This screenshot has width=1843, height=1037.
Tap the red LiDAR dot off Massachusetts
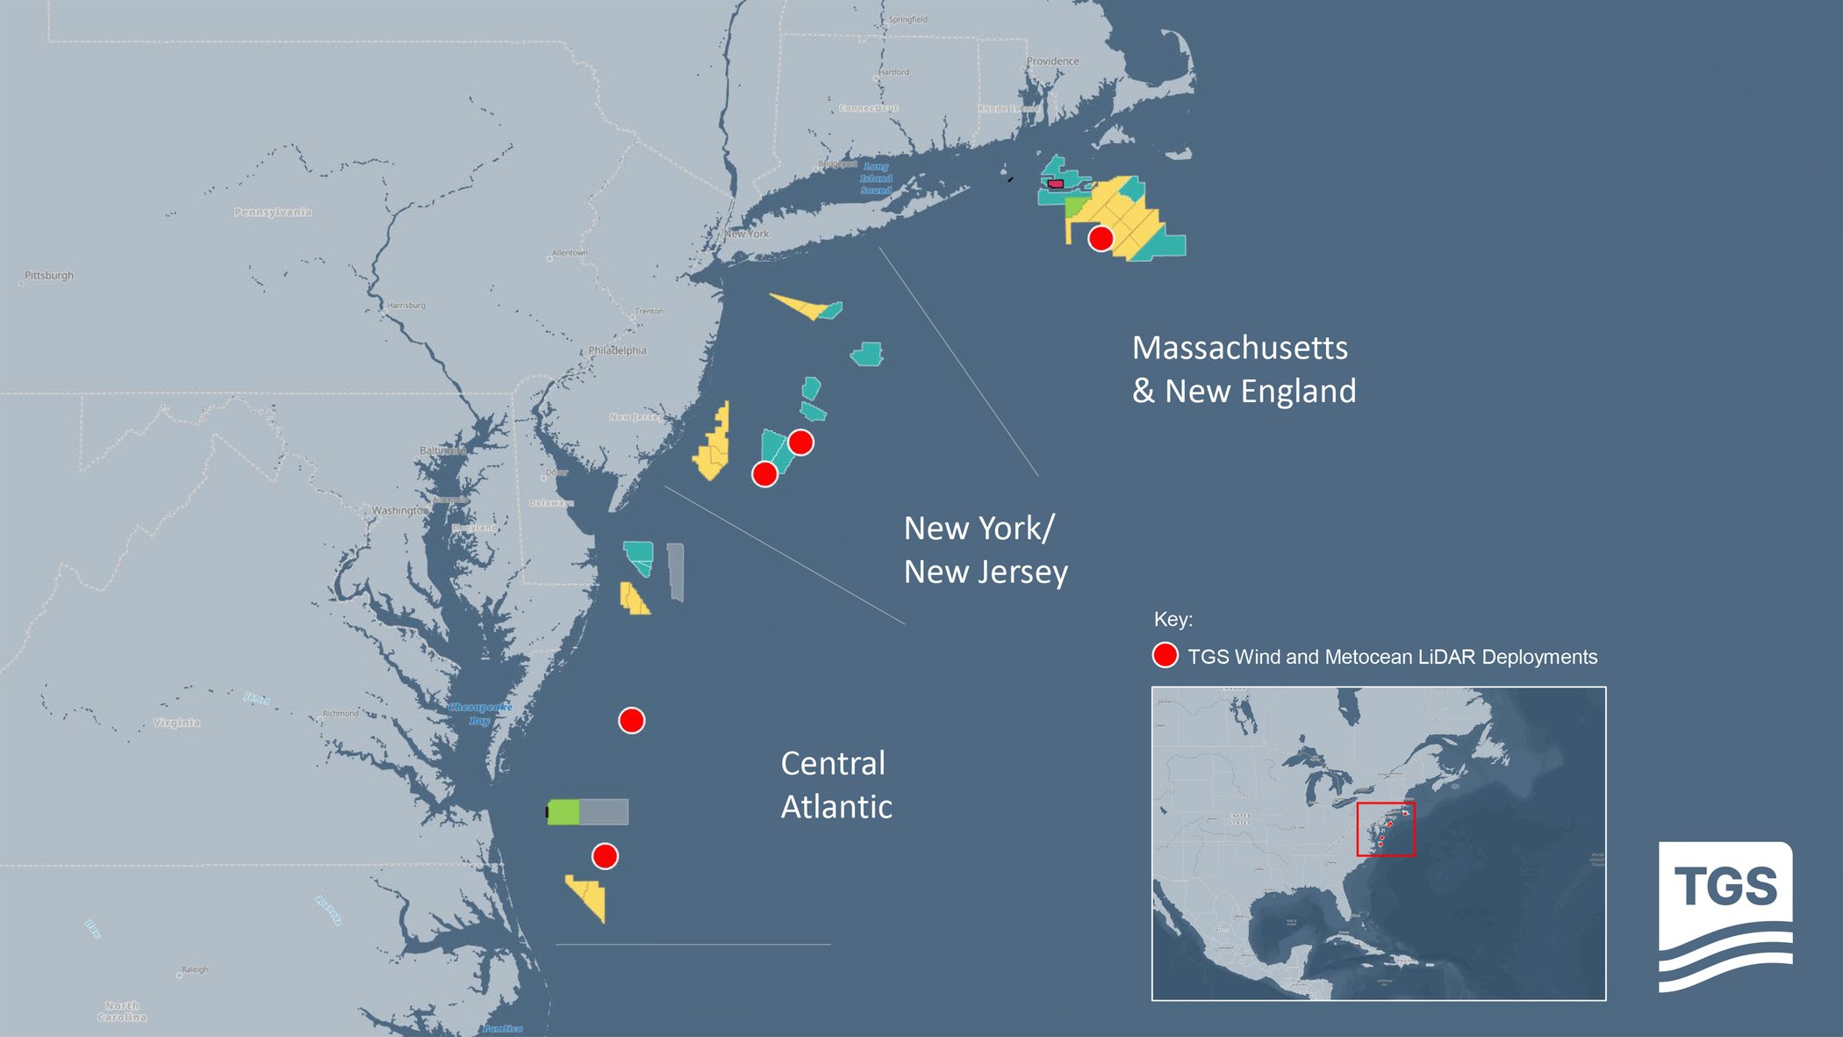(1101, 238)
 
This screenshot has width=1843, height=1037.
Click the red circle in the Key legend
(1165, 655)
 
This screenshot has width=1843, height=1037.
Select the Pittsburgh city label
(49, 276)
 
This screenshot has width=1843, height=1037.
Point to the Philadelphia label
(617, 350)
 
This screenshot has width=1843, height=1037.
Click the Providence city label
(1052, 61)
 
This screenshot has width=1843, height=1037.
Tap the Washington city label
(399, 510)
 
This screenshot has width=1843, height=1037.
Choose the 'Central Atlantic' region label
(835, 784)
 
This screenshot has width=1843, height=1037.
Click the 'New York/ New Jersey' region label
(985, 550)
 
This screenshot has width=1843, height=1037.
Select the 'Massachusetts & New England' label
(1244, 369)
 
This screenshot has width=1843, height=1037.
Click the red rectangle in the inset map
(1385, 828)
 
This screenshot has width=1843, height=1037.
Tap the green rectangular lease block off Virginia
(563, 812)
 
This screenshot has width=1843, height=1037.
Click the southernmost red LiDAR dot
(605, 856)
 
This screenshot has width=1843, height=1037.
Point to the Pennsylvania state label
(273, 212)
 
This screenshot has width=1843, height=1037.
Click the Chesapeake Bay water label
(480, 713)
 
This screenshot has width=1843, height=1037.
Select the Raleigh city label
(195, 970)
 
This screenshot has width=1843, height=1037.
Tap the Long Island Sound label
(876, 178)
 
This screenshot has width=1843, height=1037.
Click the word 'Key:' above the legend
(1172, 619)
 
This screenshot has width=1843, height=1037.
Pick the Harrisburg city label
(406, 306)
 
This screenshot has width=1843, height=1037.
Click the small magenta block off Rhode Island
(1056, 184)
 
